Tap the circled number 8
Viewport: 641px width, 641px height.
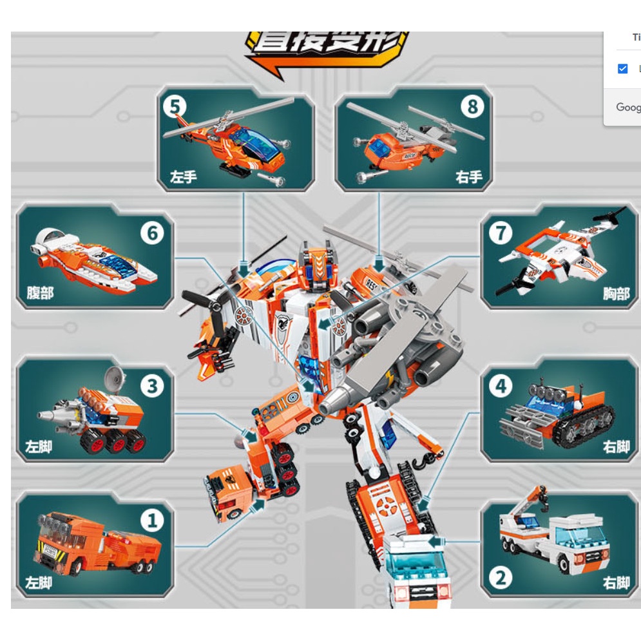point(472,106)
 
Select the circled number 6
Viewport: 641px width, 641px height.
point(153,233)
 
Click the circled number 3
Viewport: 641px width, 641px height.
point(153,386)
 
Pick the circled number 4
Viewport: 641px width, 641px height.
point(500,386)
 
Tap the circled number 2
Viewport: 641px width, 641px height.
point(500,578)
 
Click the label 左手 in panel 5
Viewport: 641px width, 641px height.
point(183,176)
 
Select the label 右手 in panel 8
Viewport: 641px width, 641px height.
point(468,176)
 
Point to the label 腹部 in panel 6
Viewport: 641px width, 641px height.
point(40,293)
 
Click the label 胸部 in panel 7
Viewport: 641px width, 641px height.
point(616,293)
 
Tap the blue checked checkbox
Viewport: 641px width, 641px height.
point(622,68)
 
